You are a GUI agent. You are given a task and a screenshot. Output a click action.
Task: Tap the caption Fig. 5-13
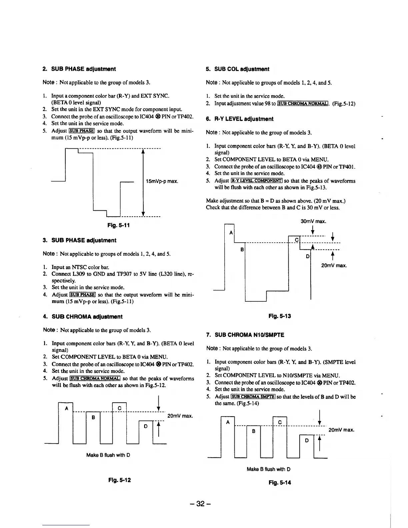coord(280,316)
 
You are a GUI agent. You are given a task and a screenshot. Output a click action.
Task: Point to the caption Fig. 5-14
coord(280,482)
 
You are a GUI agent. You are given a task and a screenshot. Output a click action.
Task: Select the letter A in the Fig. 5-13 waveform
coord(231,232)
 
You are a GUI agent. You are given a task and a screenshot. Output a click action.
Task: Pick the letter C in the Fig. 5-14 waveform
coord(280,422)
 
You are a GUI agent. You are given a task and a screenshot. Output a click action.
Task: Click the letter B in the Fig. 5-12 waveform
coord(94,417)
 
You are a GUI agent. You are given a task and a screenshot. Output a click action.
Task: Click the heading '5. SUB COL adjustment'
coord(237,69)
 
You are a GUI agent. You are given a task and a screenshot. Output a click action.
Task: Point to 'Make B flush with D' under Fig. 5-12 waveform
coord(108,455)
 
